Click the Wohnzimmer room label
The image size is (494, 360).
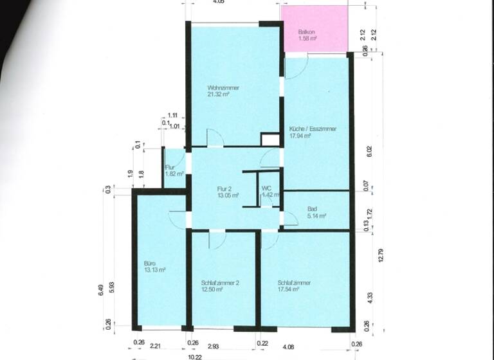[223, 87]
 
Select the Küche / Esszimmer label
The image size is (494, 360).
[313, 129]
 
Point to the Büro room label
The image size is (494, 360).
[150, 263]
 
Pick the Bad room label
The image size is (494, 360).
[312, 209]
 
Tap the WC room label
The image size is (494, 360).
[266, 188]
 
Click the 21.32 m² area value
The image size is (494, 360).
[219, 94]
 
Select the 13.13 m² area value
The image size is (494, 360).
[156, 270]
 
